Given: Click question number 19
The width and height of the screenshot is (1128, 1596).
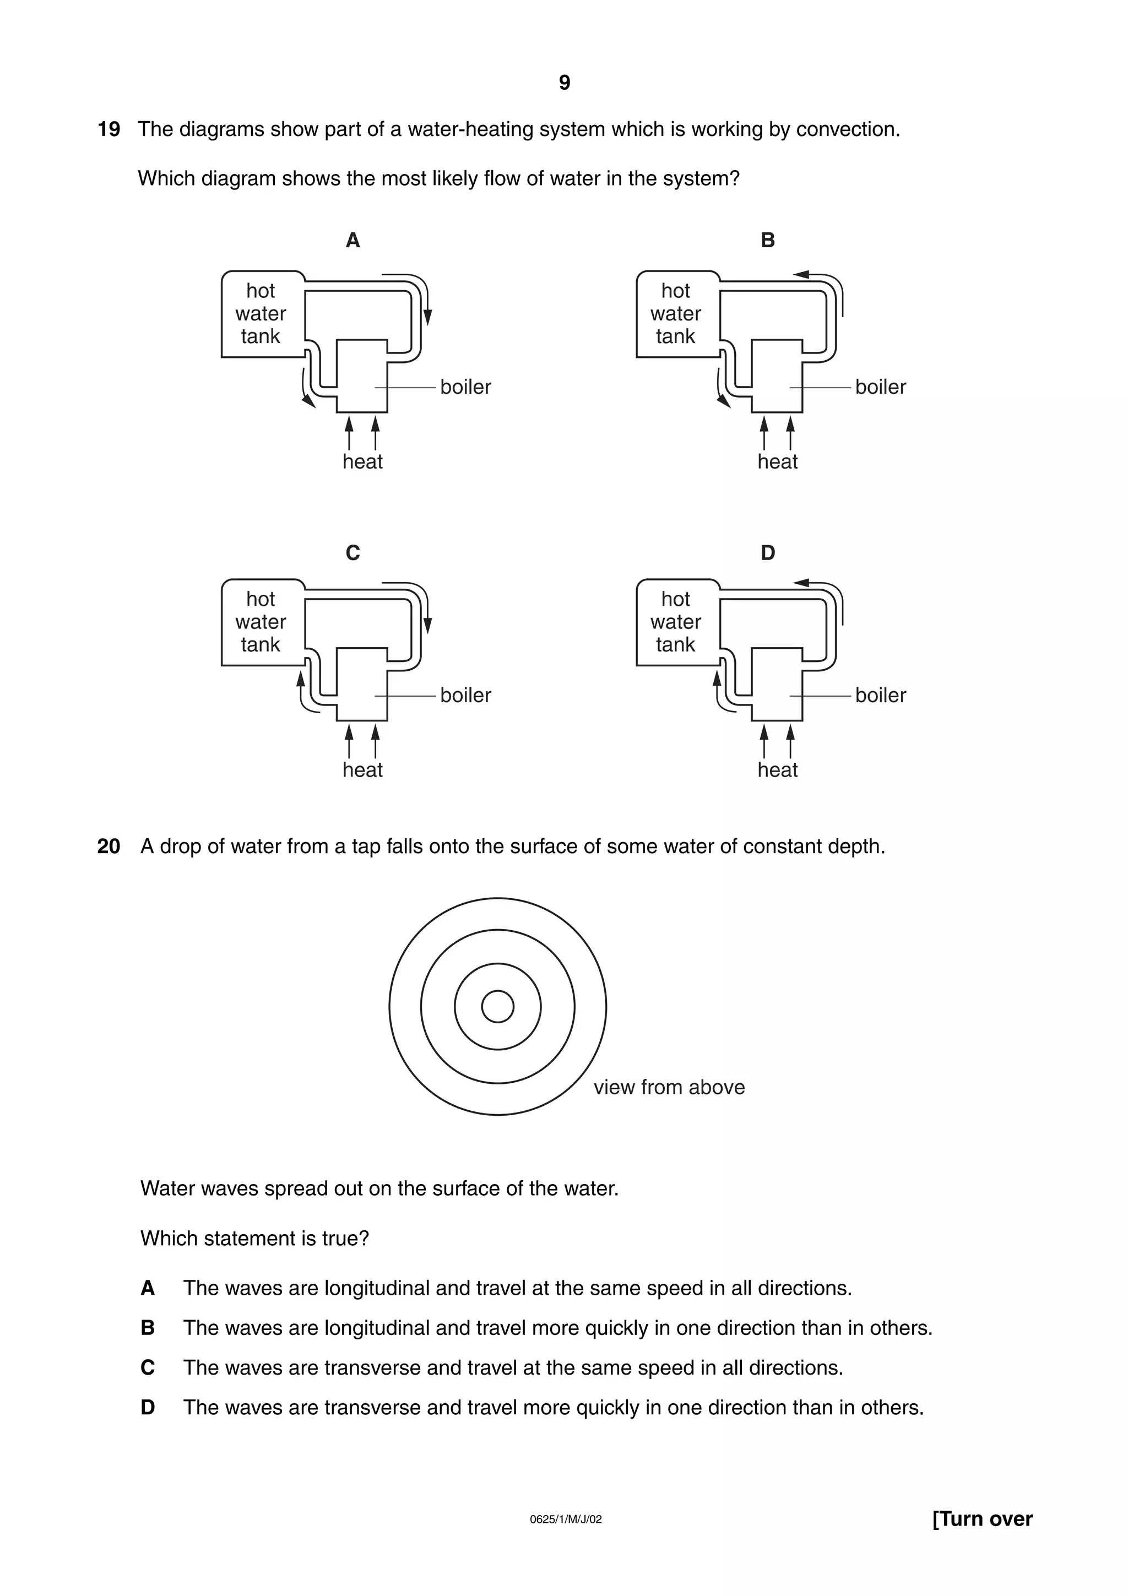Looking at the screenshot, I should [x=109, y=129].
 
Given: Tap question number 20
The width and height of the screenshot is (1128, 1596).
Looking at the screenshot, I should [x=109, y=846].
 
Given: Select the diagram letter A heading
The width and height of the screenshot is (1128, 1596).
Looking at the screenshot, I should [x=352, y=241].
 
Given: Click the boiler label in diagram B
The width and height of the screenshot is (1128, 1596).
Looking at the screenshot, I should [x=880, y=387].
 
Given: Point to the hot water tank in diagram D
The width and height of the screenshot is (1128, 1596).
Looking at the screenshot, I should [x=676, y=622].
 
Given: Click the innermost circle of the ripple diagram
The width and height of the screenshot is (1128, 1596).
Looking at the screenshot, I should [x=497, y=1007].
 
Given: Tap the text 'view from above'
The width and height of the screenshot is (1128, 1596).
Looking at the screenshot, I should [x=669, y=1087].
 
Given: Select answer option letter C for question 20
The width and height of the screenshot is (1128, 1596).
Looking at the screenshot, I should [x=148, y=1368].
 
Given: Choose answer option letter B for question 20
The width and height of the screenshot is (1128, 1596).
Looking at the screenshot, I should [x=148, y=1328].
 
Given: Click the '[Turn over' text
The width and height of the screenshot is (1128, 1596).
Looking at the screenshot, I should [x=982, y=1519].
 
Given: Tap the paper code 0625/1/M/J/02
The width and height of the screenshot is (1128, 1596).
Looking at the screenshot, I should [x=565, y=1519].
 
